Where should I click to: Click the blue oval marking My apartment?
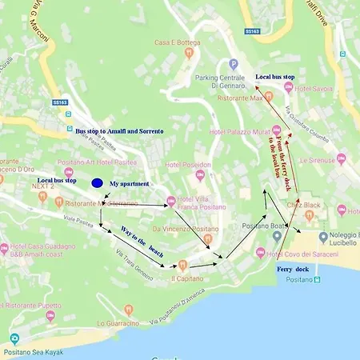coord(97,182)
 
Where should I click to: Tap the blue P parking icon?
coord(233,64)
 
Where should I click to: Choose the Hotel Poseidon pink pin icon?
coord(200,175)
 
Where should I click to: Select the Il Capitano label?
coord(186,278)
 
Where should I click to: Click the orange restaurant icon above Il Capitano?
coord(182,265)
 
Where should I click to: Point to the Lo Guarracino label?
coord(118,323)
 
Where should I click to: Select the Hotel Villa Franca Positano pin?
coord(170,202)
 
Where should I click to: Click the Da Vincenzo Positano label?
coord(186,229)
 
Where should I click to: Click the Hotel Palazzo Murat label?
coord(238,131)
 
